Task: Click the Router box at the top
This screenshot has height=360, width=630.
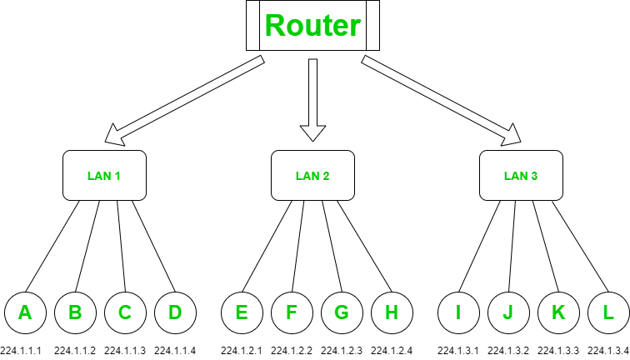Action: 312,27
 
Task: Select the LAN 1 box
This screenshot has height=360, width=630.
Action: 104,176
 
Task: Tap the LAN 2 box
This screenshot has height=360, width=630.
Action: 312,176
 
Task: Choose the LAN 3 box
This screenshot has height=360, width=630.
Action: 521,176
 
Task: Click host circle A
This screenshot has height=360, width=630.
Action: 25,313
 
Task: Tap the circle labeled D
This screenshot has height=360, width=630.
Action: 175,313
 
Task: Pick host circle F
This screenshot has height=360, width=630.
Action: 292,313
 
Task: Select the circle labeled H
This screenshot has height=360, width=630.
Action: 392,313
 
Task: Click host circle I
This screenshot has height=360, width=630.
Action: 458,313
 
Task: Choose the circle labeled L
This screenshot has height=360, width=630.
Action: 608,313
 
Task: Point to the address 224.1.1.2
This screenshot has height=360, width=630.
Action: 75,351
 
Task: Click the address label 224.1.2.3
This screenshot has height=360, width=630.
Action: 342,351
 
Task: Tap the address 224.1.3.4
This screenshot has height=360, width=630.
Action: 608,351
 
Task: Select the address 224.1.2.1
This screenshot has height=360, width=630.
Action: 242,351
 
